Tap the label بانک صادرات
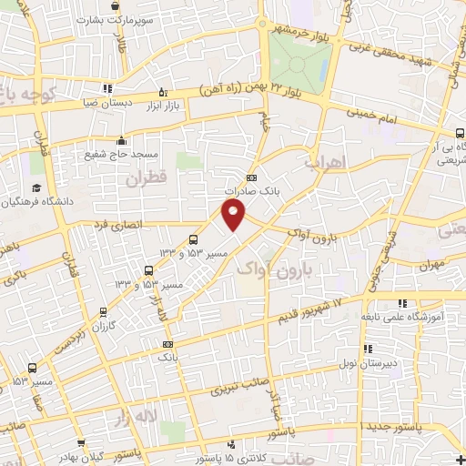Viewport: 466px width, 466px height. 251,192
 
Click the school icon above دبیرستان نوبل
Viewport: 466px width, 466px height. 368,348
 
